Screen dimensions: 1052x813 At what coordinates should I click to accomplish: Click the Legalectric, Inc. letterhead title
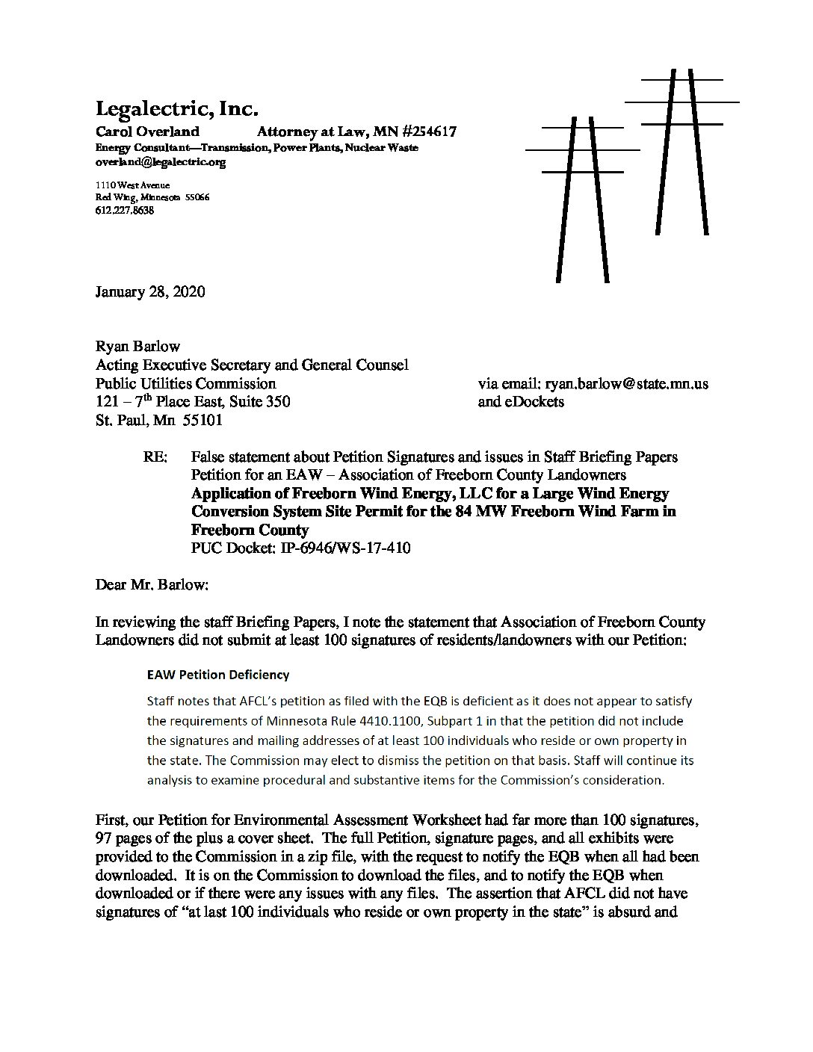pyautogui.click(x=176, y=109)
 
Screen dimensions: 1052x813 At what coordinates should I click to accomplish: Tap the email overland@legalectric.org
pyautogui.click(x=160, y=161)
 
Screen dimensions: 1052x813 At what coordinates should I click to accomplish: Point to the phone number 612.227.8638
pyautogui.click(x=124, y=211)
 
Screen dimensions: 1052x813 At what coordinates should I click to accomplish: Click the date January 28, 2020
pyautogui.click(x=150, y=291)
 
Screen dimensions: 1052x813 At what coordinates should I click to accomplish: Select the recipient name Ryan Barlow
pyautogui.click(x=137, y=347)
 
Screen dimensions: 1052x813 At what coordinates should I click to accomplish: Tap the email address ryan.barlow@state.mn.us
pyautogui.click(x=626, y=384)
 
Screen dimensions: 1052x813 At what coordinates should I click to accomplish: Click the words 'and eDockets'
pyautogui.click(x=521, y=402)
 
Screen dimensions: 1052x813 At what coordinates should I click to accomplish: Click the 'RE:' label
pyautogui.click(x=155, y=457)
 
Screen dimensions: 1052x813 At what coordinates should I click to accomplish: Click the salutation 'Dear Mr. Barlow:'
pyautogui.click(x=152, y=584)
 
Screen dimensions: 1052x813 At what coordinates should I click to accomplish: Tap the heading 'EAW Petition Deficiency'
pyautogui.click(x=217, y=675)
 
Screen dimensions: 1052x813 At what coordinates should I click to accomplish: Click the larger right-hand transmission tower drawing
pyautogui.click(x=681, y=149)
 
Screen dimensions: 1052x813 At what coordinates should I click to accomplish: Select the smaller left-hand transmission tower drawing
pyautogui.click(x=582, y=194)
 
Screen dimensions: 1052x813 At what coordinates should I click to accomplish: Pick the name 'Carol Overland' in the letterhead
pyautogui.click(x=148, y=131)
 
